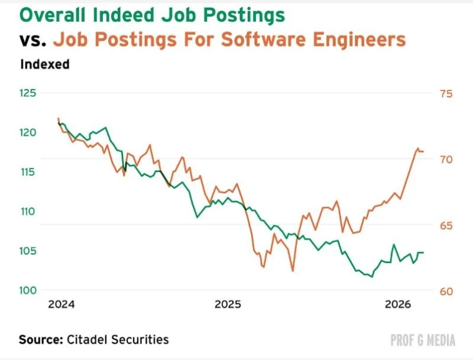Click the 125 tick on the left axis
coord(28,93)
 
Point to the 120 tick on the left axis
coord(28,132)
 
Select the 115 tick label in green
coord(28,172)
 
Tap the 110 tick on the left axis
coord(28,212)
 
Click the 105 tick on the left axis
coord(28,251)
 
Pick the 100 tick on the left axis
coord(28,290)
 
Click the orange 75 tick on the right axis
coord(446,94)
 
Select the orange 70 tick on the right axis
coord(446,160)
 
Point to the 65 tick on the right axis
coord(446,226)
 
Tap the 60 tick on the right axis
coord(446,291)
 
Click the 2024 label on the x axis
coord(61,304)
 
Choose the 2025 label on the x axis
coord(228,304)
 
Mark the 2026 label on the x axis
coord(398,304)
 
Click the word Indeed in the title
coord(125,15)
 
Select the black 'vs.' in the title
coord(33,40)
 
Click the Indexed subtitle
coord(45,64)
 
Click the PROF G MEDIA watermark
coord(423,340)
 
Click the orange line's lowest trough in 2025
coord(293,271)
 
